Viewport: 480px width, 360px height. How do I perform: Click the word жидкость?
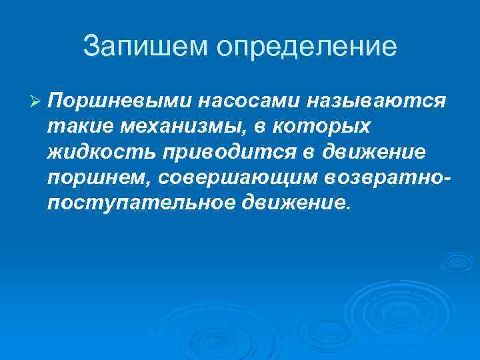tap(100, 152)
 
